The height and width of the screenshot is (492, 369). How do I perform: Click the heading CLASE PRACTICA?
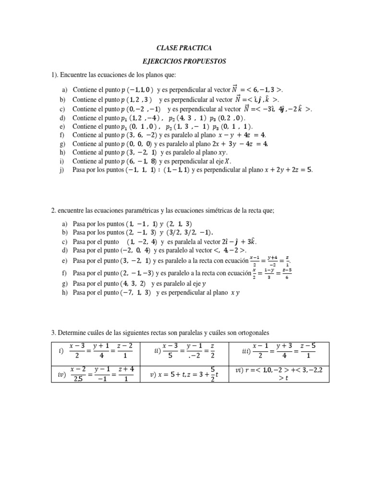[x=184, y=48]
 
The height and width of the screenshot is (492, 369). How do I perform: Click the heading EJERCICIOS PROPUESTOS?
[x=184, y=61]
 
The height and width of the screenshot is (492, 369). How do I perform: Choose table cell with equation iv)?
[x=95, y=374]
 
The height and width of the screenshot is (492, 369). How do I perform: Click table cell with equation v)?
[x=184, y=374]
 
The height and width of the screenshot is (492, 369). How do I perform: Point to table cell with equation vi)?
[x=279, y=374]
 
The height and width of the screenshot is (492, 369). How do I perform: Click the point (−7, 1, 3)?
[x=136, y=292]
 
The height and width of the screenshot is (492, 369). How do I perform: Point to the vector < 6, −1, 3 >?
[x=258, y=89]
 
